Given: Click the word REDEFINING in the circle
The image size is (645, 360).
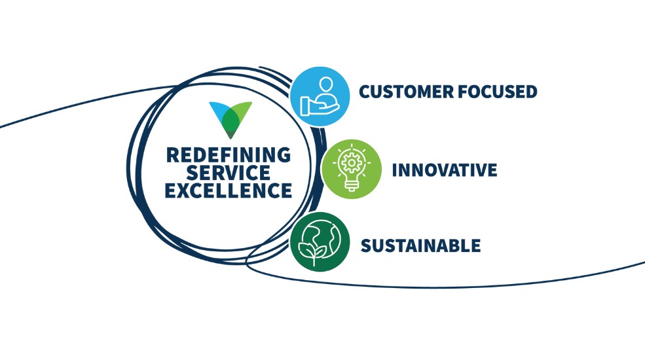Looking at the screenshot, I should [228, 155].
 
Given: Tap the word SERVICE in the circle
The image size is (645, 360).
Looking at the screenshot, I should [228, 173].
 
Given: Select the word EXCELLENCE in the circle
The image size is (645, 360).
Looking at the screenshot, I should [228, 191].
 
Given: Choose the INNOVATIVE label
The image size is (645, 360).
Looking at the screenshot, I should [444, 170].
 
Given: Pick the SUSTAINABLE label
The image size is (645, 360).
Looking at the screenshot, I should [420, 246].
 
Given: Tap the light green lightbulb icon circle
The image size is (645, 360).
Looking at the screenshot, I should [352, 169].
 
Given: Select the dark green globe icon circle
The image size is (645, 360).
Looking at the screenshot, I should [319, 242].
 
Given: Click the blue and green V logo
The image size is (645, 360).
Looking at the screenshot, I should [230, 118].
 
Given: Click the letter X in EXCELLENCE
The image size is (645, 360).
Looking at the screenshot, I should [183, 191].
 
